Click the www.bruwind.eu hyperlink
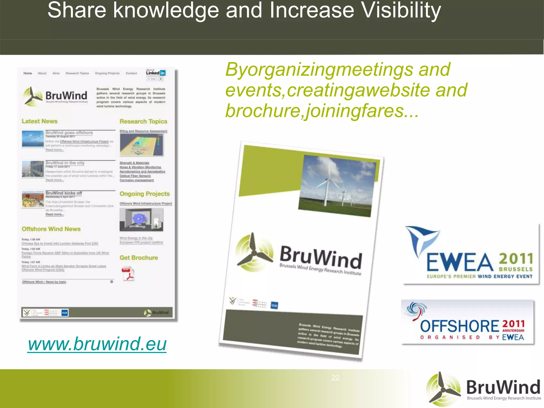(x=97, y=344)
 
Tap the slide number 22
(x=335, y=378)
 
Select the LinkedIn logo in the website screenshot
(x=156, y=73)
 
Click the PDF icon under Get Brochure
(x=128, y=274)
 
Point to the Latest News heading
(x=40, y=121)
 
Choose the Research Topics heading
(x=143, y=121)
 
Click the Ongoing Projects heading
(x=144, y=194)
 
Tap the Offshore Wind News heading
(x=51, y=229)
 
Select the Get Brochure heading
(x=139, y=258)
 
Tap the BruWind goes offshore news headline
(x=69, y=133)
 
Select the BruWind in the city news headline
(x=65, y=163)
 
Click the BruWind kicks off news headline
(x=64, y=193)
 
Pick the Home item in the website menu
(x=28, y=73)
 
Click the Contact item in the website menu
(x=131, y=73)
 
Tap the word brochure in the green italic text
(x=263, y=110)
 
